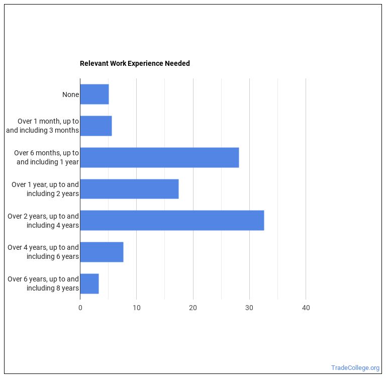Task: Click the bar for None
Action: [x=94, y=94]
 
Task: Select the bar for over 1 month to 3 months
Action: [x=96, y=126]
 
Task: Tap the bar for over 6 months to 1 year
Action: [x=159, y=157]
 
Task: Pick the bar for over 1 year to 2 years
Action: [x=129, y=189]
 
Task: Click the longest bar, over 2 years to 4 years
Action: [x=172, y=221]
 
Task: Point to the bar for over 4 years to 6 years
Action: [x=102, y=252]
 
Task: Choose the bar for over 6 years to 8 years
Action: [x=89, y=283]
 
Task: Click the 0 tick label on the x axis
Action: [x=80, y=308]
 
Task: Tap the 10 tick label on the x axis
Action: [x=137, y=308]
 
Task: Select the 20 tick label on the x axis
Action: [x=193, y=308]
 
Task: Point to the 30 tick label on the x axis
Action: [x=249, y=308]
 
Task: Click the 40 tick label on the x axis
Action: [x=306, y=308]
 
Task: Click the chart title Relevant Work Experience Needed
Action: [x=135, y=64]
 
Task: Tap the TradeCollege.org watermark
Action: [x=355, y=367]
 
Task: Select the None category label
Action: [x=70, y=94]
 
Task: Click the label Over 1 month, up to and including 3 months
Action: [x=43, y=126]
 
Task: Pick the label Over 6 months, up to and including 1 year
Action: [x=47, y=157]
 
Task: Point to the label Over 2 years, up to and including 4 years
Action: [x=43, y=221]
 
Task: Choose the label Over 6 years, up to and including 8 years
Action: [x=43, y=283]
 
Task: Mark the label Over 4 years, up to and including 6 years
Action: [x=43, y=252]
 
